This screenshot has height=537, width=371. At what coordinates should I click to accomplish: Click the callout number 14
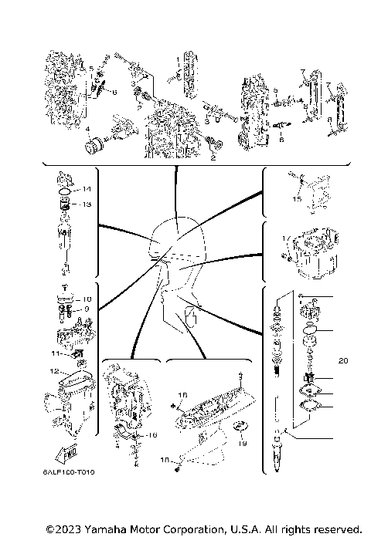[x=87, y=189]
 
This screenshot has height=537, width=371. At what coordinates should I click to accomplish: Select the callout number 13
[x=87, y=204]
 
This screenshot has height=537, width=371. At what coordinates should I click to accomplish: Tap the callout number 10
[x=87, y=299]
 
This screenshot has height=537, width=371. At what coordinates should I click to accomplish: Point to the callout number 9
[x=87, y=309]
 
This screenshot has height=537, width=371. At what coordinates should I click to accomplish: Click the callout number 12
[x=53, y=370]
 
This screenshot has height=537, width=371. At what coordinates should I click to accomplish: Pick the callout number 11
[x=54, y=353]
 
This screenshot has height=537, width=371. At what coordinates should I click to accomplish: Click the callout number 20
[x=344, y=359]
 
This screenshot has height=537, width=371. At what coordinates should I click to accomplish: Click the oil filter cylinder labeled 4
[x=97, y=144]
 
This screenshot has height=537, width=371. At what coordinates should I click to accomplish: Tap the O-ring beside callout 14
[x=66, y=190]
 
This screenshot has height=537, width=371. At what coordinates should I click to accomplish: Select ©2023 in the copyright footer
[x=63, y=529]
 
